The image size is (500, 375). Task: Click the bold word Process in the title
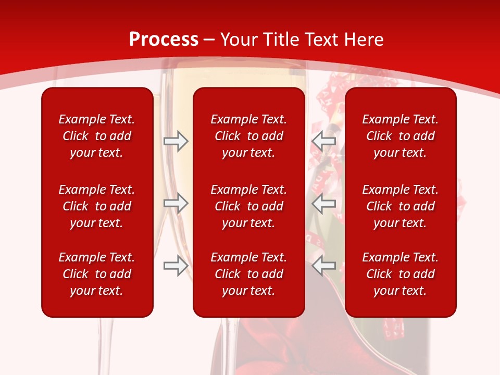(164, 40)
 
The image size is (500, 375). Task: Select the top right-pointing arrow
(176, 141)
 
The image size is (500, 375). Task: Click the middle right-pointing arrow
(176, 203)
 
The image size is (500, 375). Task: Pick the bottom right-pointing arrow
(176, 266)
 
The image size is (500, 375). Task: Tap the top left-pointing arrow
(323, 141)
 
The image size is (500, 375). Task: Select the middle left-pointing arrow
(323, 203)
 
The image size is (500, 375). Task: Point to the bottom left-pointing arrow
(323, 266)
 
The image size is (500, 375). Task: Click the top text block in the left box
(97, 136)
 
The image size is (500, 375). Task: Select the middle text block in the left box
(97, 206)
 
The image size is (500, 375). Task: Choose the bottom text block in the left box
(97, 274)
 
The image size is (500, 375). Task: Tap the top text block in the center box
(249, 136)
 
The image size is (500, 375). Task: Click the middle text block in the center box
(249, 206)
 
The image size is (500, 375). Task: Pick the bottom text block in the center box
(249, 274)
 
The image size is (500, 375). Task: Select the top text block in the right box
(401, 136)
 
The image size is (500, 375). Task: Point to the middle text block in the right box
(401, 206)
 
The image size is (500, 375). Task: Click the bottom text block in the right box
(401, 274)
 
